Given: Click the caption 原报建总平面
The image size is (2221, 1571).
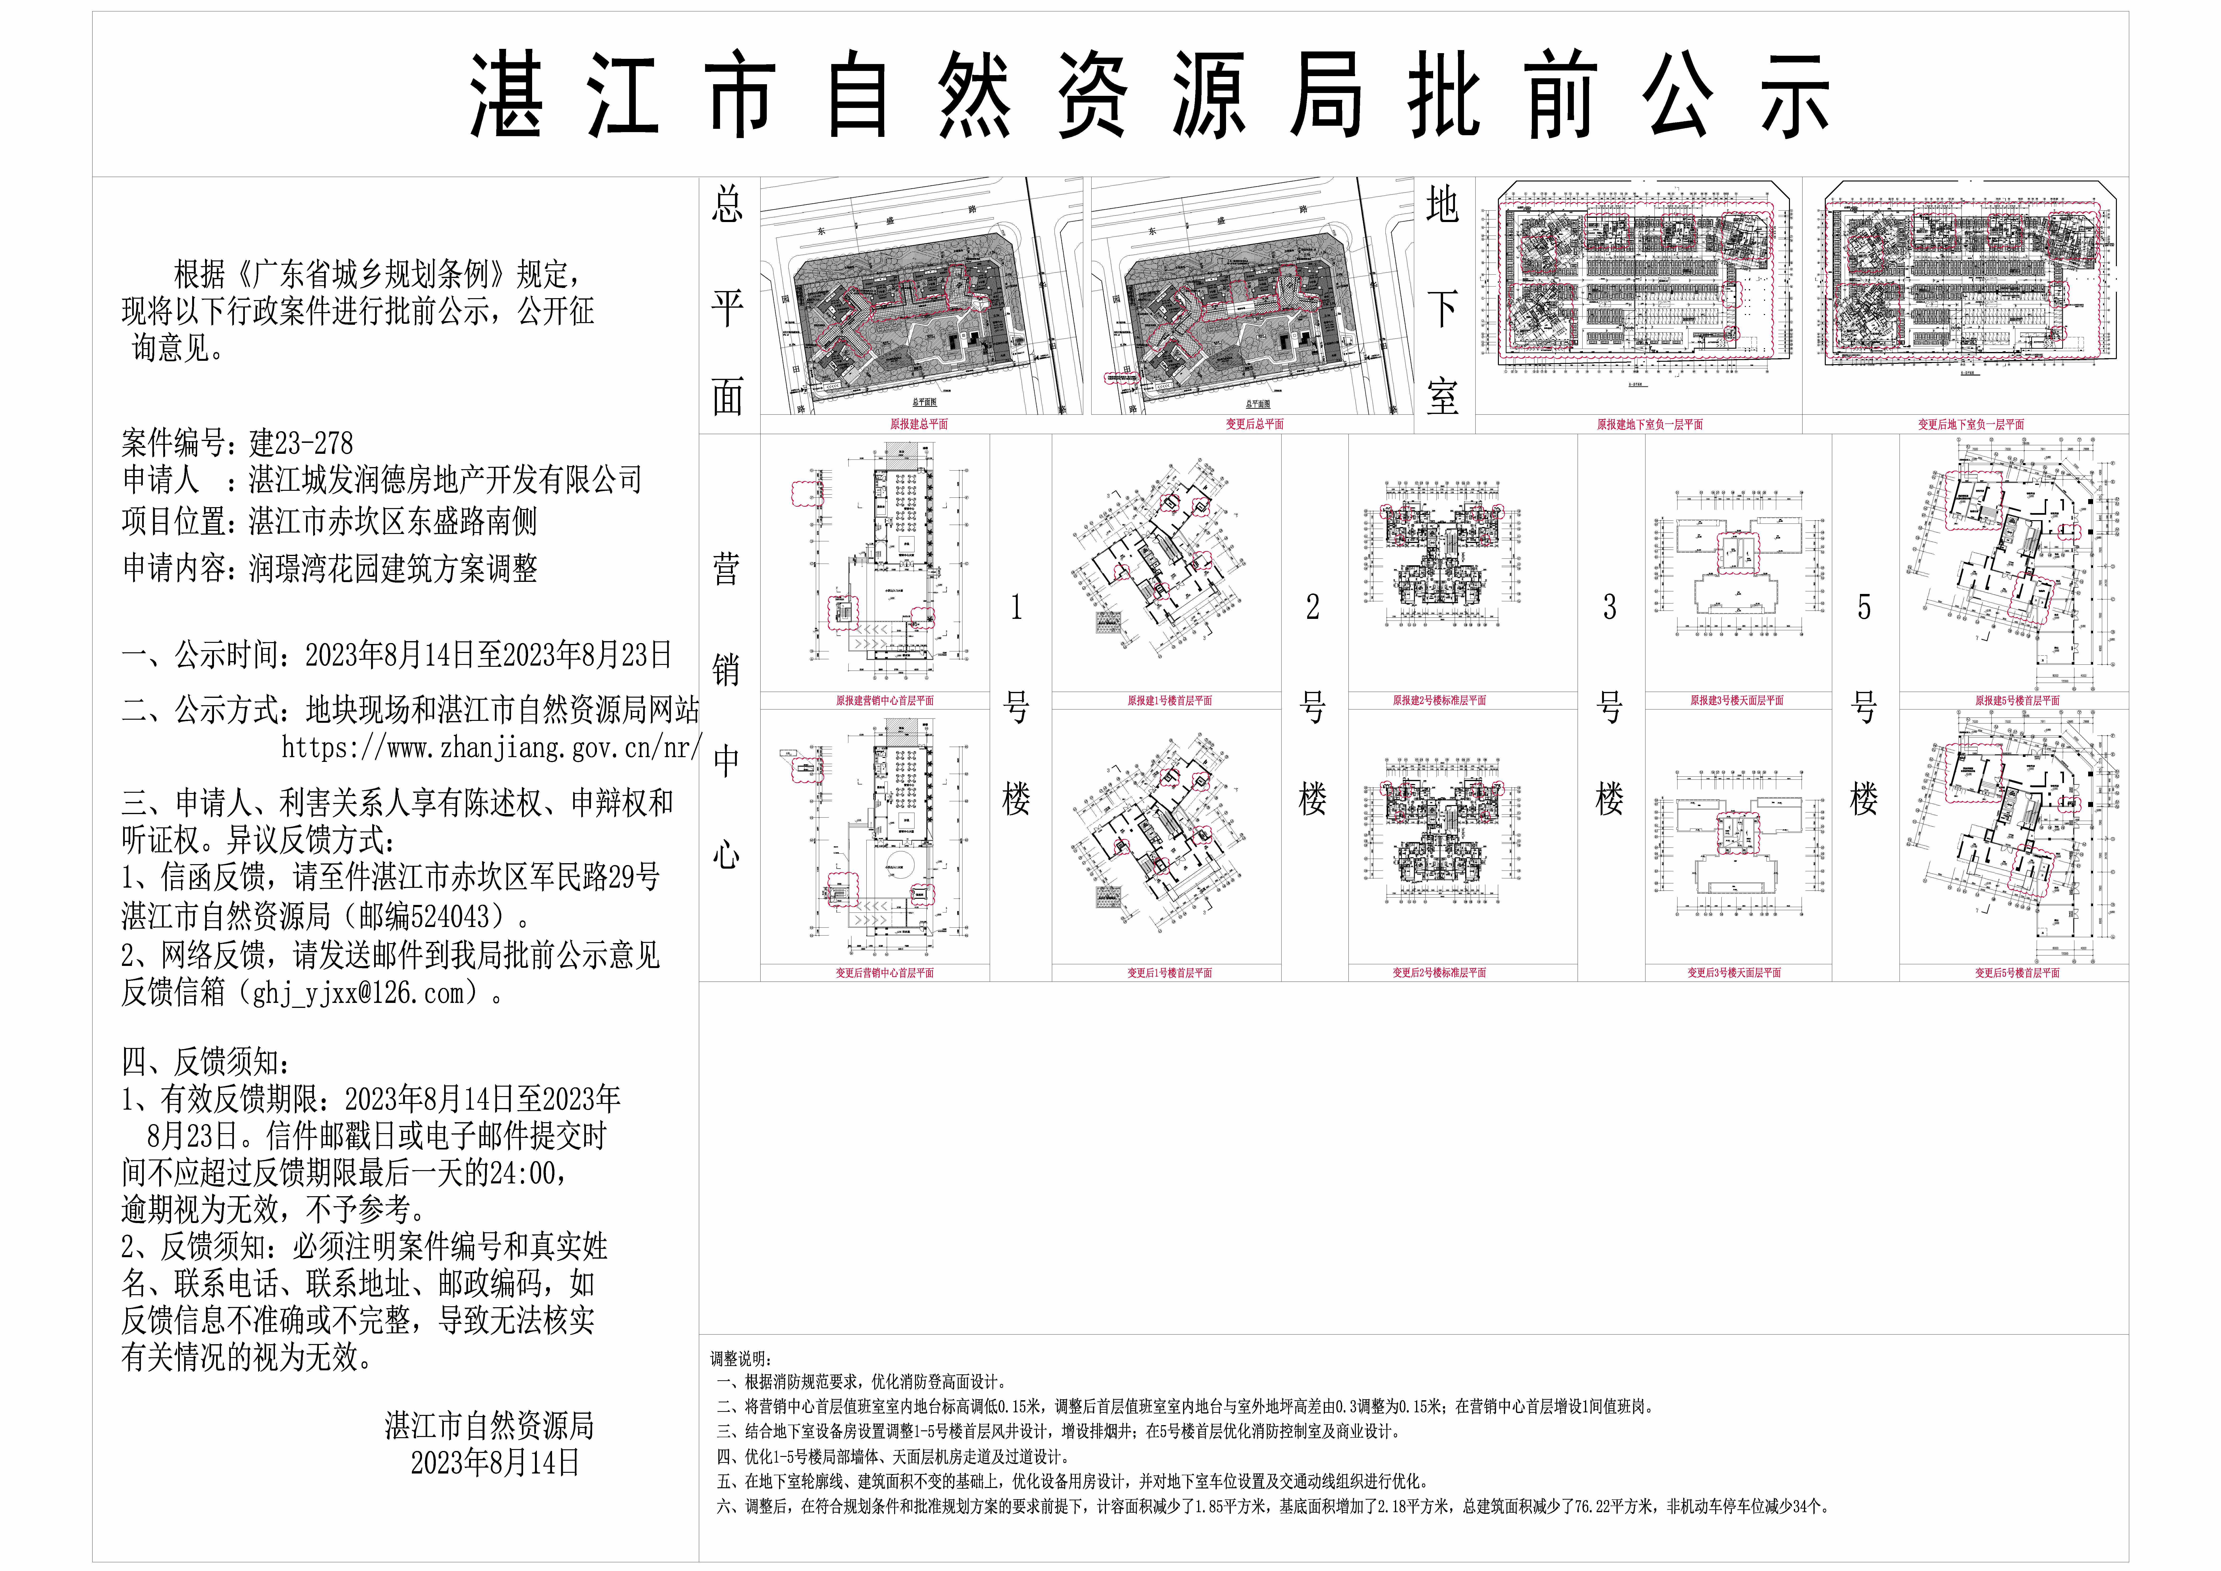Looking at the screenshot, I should click(x=919, y=424).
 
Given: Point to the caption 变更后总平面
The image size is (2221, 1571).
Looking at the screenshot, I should click(x=1255, y=424).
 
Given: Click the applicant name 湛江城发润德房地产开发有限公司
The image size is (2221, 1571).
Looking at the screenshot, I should click(x=445, y=480).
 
